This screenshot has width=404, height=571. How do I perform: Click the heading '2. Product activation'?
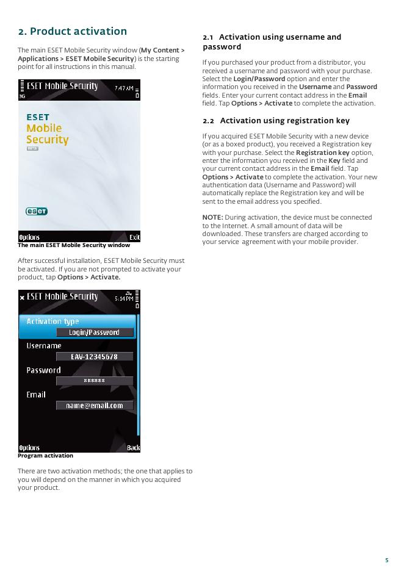click(72, 31)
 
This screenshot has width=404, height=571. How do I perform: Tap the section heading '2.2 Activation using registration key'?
click(276, 121)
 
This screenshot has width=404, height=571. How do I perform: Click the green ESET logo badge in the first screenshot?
click(37, 211)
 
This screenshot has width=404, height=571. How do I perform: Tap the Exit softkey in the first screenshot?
click(134, 237)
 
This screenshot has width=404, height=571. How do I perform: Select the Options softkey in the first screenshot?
click(29, 237)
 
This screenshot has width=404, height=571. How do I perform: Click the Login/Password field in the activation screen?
click(95, 332)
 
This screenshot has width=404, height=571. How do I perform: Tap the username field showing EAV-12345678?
click(95, 357)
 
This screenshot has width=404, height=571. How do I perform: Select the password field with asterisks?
click(95, 381)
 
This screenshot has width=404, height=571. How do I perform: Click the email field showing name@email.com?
click(95, 405)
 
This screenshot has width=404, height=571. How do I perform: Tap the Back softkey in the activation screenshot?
click(133, 448)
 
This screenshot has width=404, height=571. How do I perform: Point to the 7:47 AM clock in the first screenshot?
click(123, 88)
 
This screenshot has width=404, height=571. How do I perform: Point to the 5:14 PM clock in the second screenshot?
click(124, 298)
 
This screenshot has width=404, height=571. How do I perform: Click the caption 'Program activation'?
click(45, 456)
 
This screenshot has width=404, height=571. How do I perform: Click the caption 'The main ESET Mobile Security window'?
click(73, 245)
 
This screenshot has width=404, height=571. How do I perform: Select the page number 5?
click(386, 560)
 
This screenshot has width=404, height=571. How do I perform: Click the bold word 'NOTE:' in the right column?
click(212, 217)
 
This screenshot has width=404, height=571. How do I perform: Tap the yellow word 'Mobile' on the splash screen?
click(44, 128)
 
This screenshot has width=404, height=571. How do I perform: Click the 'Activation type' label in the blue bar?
click(52, 321)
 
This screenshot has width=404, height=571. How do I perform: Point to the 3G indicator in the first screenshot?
click(22, 96)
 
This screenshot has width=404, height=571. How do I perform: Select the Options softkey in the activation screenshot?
click(29, 448)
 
